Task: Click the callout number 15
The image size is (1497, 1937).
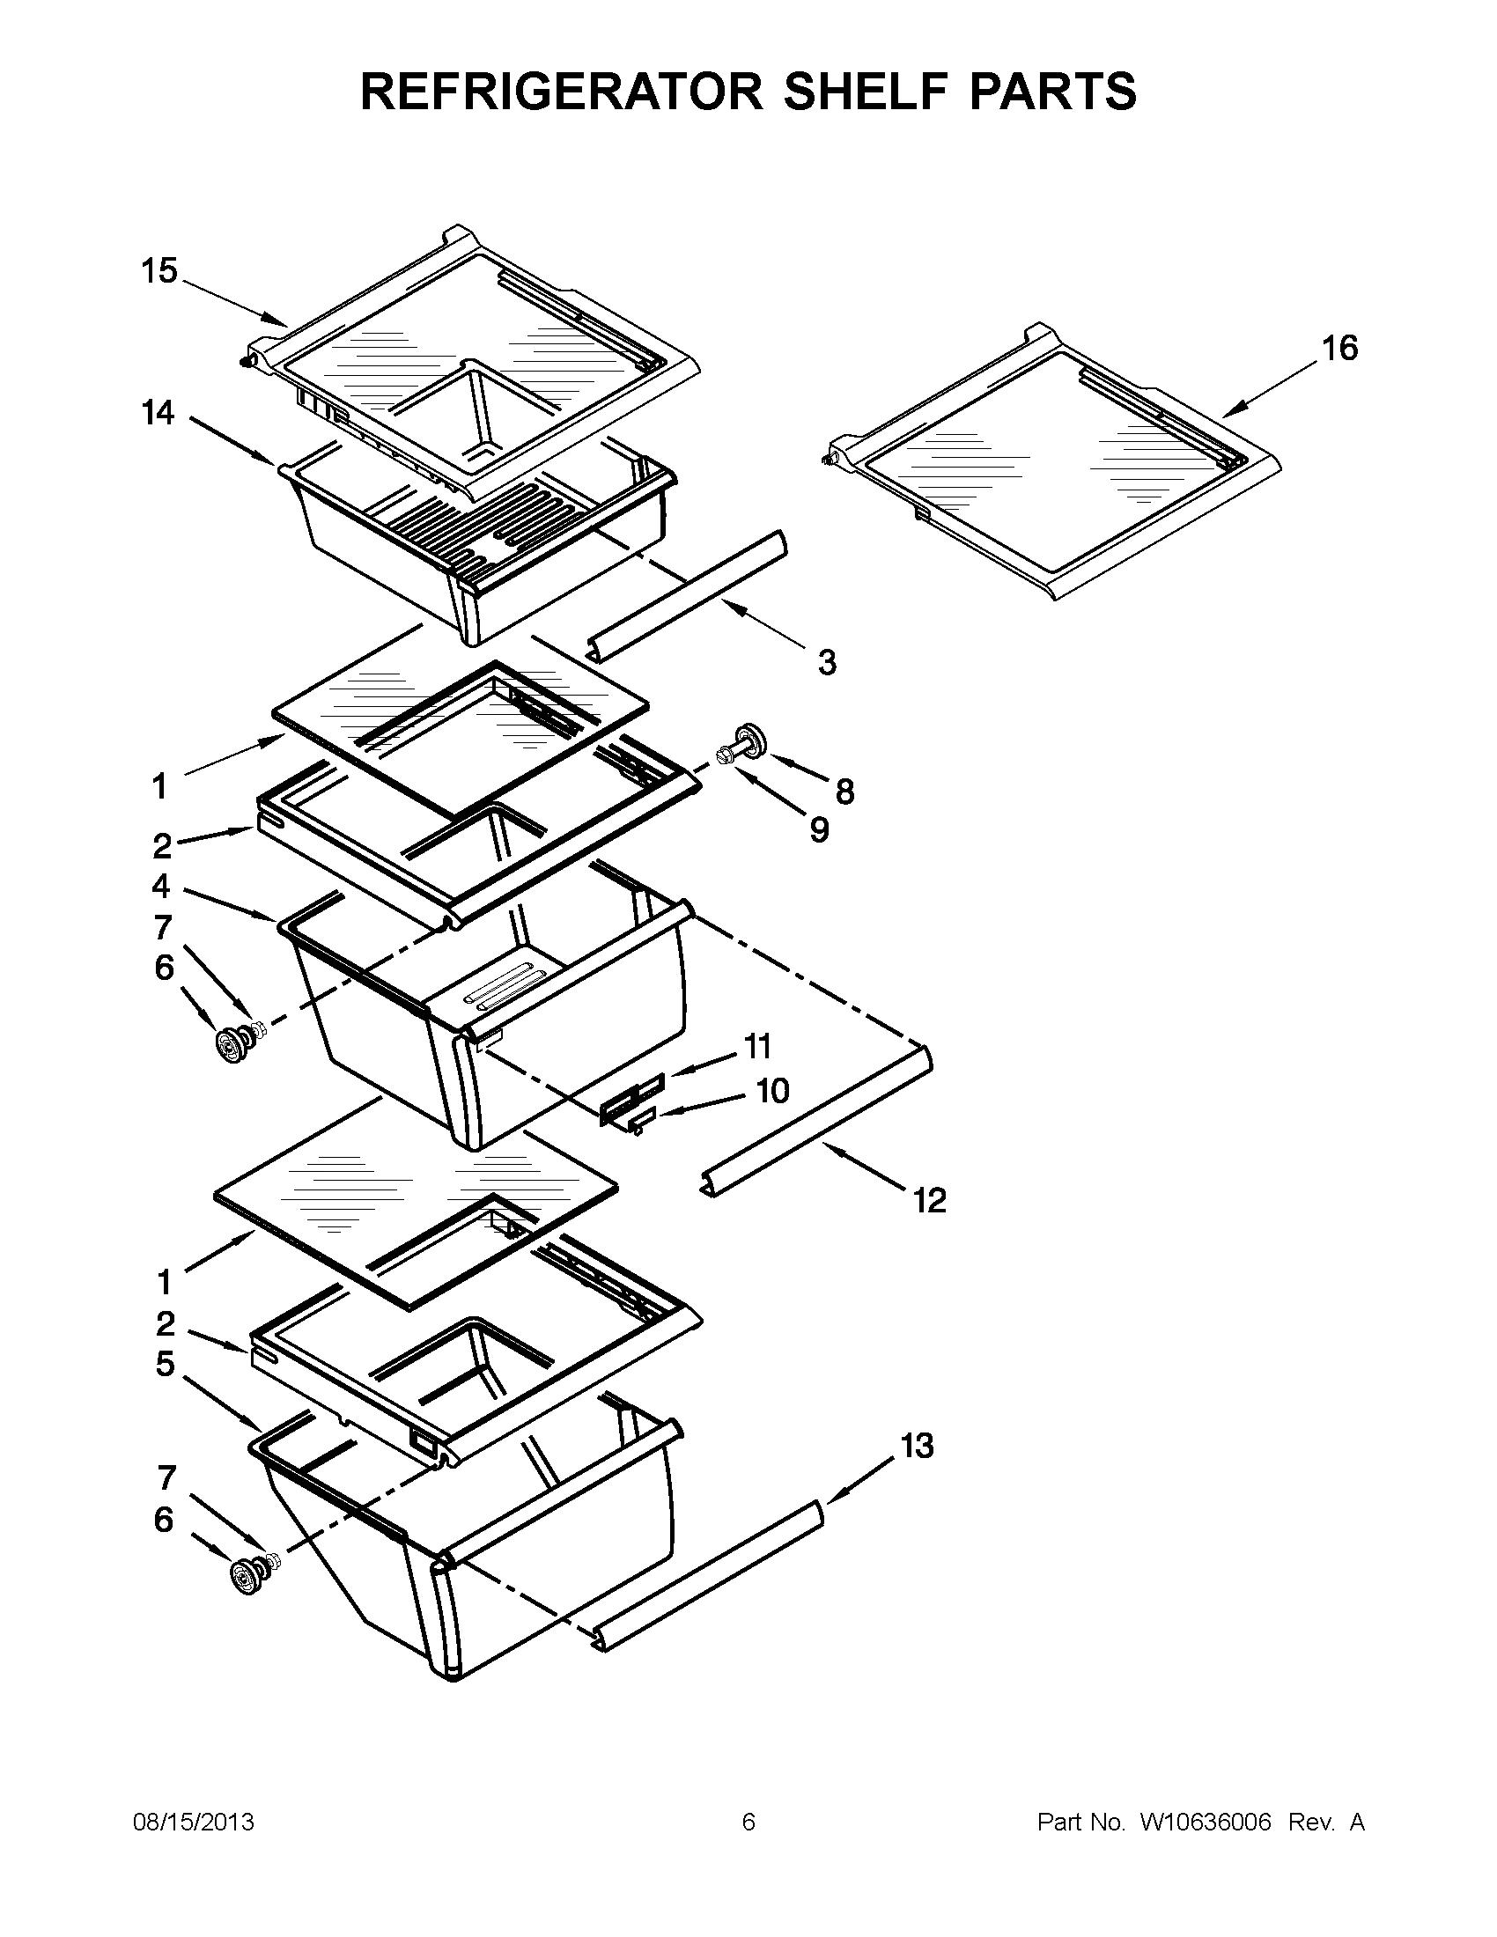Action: tap(159, 271)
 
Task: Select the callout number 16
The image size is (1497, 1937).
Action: tap(1340, 349)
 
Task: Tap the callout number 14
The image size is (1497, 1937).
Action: tap(159, 413)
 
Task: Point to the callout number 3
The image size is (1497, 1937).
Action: tap(827, 661)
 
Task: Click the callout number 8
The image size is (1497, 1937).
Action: tap(844, 792)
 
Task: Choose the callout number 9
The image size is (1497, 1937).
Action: tap(820, 830)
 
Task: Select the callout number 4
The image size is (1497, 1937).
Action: tap(160, 886)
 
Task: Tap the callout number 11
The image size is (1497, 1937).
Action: tap(757, 1047)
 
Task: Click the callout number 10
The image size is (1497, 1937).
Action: tap(772, 1090)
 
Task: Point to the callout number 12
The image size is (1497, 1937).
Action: tap(929, 1201)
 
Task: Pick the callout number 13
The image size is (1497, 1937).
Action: tap(917, 1447)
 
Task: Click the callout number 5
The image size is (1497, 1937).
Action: tap(165, 1364)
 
